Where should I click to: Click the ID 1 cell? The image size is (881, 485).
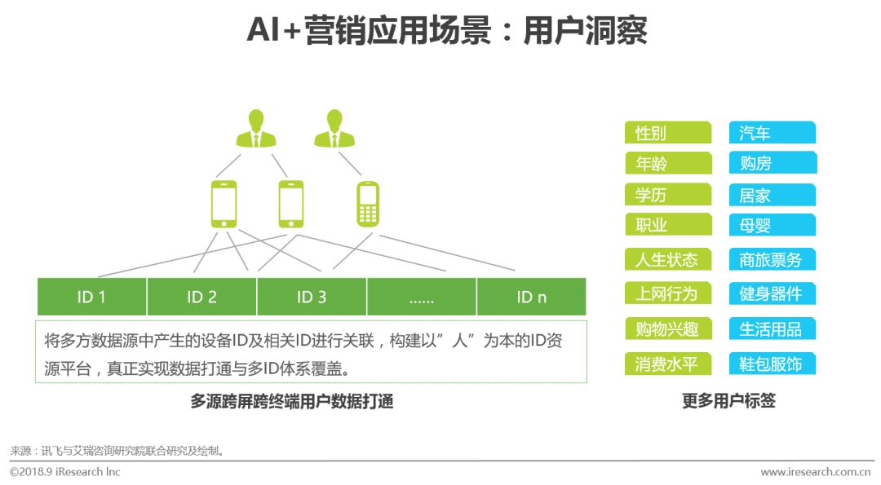[x=91, y=297]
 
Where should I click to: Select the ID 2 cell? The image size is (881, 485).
[x=201, y=297]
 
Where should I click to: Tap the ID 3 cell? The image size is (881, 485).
[x=312, y=297]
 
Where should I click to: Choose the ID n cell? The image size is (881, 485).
[x=531, y=297]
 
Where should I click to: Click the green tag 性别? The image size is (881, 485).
[x=668, y=133]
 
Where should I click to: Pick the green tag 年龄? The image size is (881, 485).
[x=668, y=163]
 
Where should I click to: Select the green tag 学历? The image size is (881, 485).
[x=668, y=195]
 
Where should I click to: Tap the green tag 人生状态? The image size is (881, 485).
[x=668, y=259]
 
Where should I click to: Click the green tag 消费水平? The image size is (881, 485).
[x=668, y=364]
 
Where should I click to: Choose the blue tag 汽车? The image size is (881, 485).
[x=773, y=133]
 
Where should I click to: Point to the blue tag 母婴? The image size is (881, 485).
[x=773, y=225]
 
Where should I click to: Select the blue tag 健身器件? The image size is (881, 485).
[x=773, y=293]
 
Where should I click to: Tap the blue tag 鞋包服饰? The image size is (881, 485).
[x=773, y=364]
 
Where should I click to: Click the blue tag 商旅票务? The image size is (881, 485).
[x=773, y=259]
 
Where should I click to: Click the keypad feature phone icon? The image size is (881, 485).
[x=369, y=204]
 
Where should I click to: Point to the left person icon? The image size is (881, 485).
[x=256, y=129]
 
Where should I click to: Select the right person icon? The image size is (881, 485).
[x=334, y=129]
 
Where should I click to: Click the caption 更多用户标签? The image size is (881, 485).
[x=728, y=401]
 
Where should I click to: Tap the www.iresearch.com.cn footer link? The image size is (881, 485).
[x=815, y=472]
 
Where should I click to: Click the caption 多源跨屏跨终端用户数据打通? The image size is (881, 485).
[x=292, y=401]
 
